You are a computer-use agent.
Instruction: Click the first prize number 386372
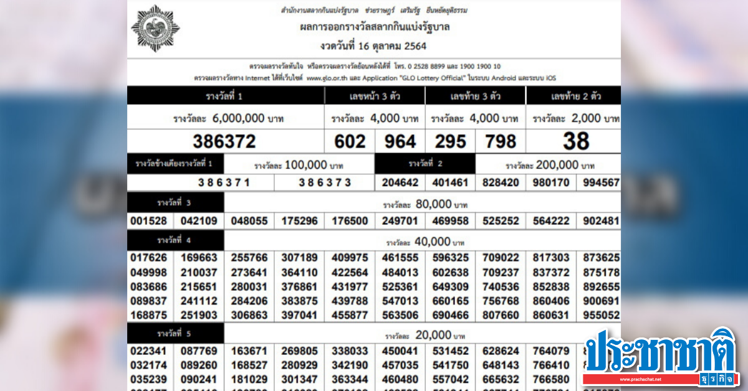pos(224,141)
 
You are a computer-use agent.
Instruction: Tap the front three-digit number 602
pos(350,141)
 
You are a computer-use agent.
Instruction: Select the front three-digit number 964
pos(400,141)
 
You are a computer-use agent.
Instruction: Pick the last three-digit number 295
pos(450,141)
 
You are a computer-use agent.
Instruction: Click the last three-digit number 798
pos(501,141)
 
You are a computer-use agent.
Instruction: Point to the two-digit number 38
pos(575,141)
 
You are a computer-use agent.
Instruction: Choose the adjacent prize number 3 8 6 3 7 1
pos(224,182)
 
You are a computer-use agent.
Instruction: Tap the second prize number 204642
pos(400,182)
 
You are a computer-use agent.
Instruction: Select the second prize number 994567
pos(601,182)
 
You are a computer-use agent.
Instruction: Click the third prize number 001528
pos(148,220)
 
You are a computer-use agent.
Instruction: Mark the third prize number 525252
pos(500,220)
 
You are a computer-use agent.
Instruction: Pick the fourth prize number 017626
pos(148,258)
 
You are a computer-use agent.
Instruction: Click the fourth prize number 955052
pos(601,315)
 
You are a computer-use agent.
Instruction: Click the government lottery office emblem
pos(155,28)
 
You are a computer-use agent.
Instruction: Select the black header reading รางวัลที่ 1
pos(224,96)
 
